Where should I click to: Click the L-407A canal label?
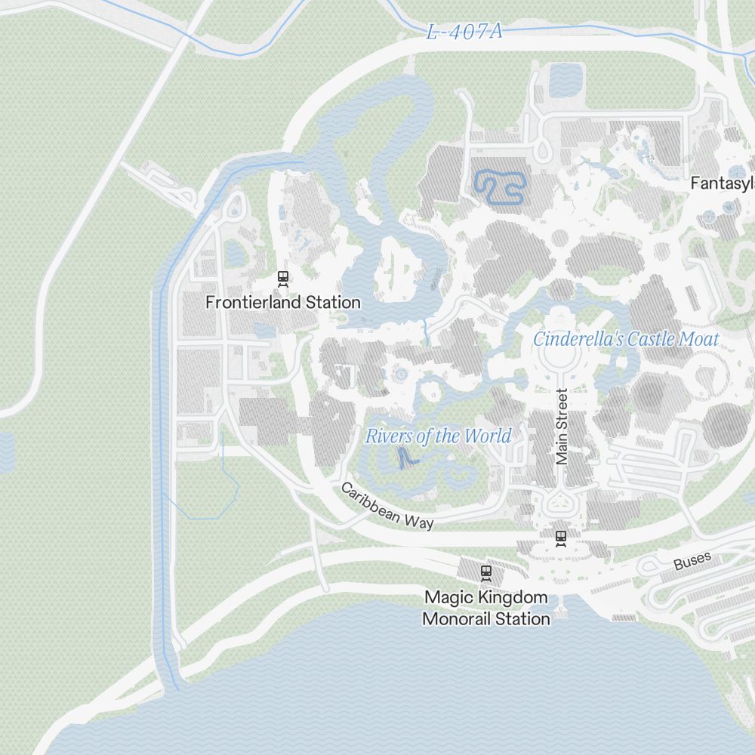click(464, 32)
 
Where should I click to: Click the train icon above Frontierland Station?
click(283, 279)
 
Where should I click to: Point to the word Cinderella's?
click(578, 339)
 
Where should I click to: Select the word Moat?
click(698, 339)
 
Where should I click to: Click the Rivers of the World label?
click(438, 436)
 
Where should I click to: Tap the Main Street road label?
click(561, 427)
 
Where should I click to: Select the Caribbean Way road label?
click(387, 505)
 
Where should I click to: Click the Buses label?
click(692, 562)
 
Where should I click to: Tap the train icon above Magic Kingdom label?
click(485, 573)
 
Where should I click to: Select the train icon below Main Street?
click(560, 538)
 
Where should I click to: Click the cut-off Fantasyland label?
click(723, 183)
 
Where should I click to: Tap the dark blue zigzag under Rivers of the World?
click(407, 457)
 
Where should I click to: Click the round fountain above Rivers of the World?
click(400, 374)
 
